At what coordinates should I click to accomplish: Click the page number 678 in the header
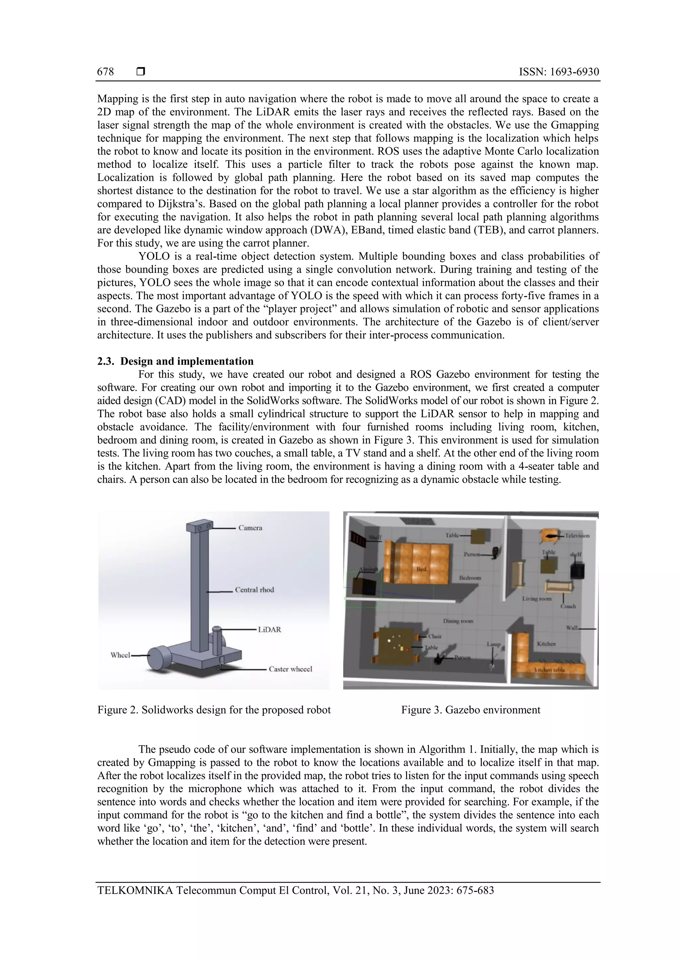pos(105,72)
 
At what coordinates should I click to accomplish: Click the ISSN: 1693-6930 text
pos(558,72)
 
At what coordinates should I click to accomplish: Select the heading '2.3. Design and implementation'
pos(176,361)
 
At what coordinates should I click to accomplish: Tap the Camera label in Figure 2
pos(250,528)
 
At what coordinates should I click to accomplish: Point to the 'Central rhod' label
pos(254,590)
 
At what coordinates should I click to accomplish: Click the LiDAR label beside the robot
pos(269,630)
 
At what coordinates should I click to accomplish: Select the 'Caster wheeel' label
pos(290,669)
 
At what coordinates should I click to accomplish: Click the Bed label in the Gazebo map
pos(421,569)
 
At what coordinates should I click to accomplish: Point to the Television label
pos(577,535)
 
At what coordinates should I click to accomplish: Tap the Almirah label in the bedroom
pos(368,569)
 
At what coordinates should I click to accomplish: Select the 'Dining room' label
pos(458,621)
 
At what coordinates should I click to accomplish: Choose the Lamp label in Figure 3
pos(493,644)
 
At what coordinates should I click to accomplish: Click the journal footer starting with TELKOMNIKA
pos(296,890)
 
